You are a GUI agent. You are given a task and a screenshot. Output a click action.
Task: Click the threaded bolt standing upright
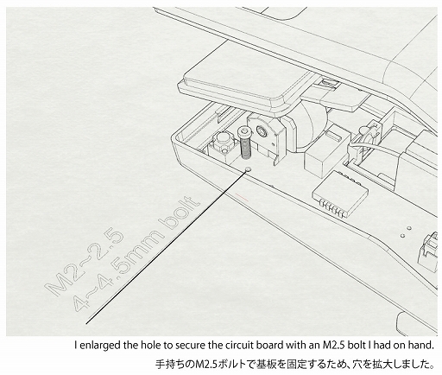[244, 143]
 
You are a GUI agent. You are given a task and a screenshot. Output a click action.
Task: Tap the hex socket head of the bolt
[244, 131]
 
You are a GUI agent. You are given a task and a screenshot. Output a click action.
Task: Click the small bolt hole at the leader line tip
[248, 169]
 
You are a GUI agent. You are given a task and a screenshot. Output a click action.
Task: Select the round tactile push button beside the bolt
[223, 139]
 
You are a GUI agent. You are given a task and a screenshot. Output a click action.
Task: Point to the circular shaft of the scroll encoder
[262, 130]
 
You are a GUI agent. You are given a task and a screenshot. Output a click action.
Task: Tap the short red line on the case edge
[242, 197]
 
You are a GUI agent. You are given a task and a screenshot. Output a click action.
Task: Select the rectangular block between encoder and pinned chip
[323, 153]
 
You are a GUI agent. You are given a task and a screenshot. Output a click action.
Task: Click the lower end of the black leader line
[86, 323]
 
